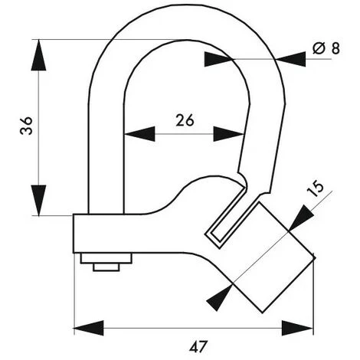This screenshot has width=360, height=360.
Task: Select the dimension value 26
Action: pos(185,119)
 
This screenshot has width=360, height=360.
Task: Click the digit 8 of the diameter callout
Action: pos(335,48)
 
